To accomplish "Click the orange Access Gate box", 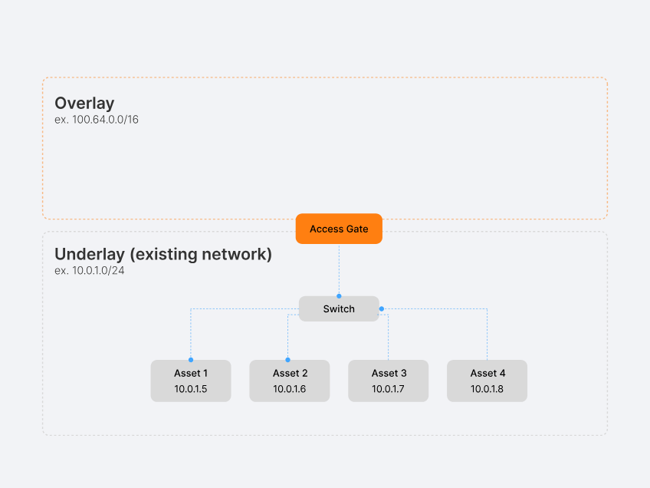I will [x=339, y=229].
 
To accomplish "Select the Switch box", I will [x=339, y=309].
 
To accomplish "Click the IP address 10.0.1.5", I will [x=190, y=389].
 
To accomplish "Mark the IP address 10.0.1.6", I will [x=290, y=389].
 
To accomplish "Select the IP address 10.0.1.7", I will [x=389, y=389].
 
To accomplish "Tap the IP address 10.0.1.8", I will [x=487, y=389].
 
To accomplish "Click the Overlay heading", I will [x=84, y=104].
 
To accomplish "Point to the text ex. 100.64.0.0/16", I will [x=97, y=120].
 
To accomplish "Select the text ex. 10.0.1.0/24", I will [x=90, y=270].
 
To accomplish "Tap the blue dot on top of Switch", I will [x=339, y=295].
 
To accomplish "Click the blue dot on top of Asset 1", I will [x=191, y=359].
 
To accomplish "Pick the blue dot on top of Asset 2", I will [x=288, y=359].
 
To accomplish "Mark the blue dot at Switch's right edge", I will [x=382, y=308].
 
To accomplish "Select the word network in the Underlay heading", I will [x=237, y=254].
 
